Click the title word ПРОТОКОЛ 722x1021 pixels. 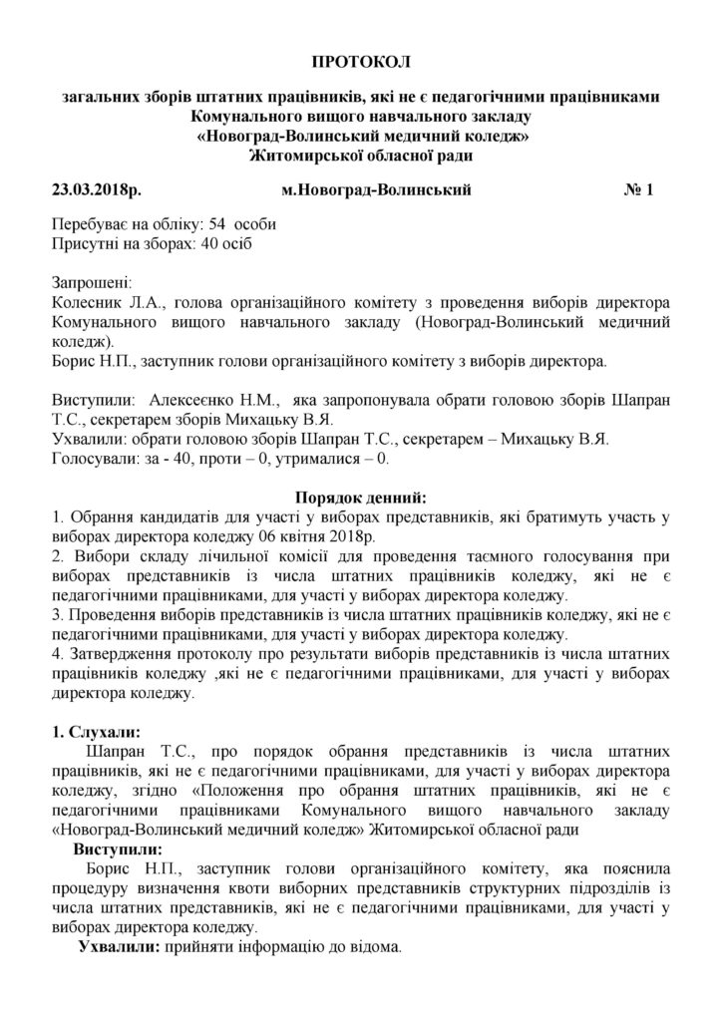361,63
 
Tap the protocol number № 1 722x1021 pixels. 636,188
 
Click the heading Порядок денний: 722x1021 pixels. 361,496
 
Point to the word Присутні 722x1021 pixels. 87,242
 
